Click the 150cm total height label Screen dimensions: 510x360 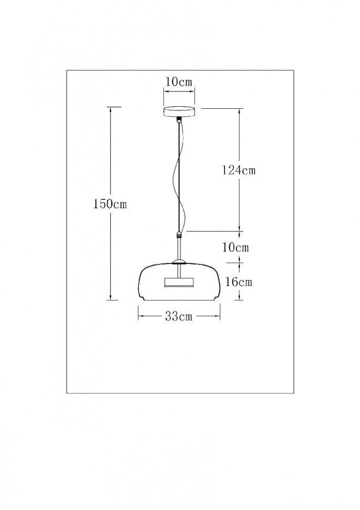[x=110, y=205]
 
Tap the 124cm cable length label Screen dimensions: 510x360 [x=239, y=170]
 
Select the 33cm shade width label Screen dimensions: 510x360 [x=179, y=317]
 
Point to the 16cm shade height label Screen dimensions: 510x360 [x=239, y=282]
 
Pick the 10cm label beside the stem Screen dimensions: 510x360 [x=235, y=247]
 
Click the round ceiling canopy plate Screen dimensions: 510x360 [x=179, y=112]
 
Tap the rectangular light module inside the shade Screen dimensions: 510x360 [x=179, y=282]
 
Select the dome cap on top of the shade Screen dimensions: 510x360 [x=179, y=262]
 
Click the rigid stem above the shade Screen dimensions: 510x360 [x=179, y=250]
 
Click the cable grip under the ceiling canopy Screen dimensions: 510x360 [x=179, y=120]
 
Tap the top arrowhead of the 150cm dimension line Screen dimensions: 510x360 [x=110, y=109]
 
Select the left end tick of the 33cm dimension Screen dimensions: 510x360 [x=138, y=317]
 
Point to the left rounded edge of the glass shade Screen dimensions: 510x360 [x=140, y=281]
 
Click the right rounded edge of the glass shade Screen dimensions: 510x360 [x=218, y=281]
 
